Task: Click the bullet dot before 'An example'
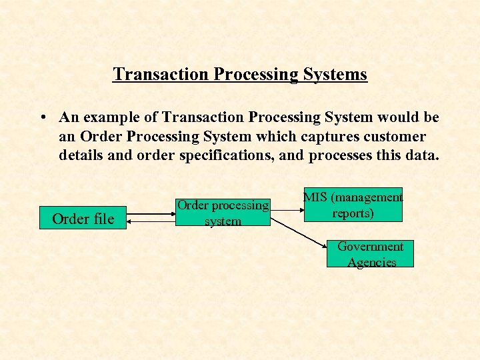42,118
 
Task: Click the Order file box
83,218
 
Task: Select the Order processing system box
223,213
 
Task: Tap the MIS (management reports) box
353,205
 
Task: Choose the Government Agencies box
370,254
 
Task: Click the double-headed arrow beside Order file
151,215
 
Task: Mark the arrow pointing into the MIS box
287,207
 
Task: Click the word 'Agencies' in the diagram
371,262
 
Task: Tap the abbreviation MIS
316,197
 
